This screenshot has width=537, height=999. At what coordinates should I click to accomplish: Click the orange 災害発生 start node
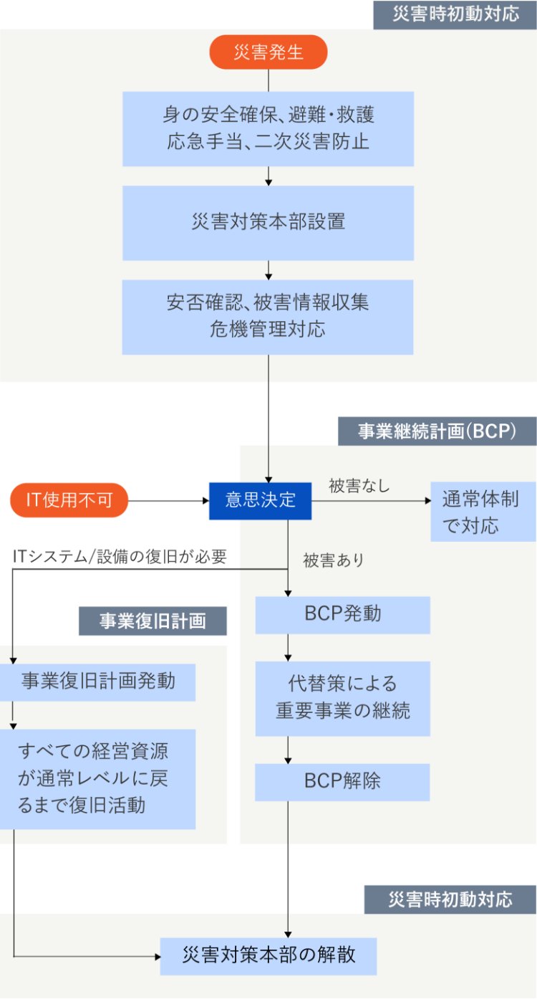pos(268,53)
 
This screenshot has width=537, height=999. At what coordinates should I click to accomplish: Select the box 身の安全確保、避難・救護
pos(268,129)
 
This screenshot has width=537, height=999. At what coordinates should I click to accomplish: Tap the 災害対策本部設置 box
pos(268,223)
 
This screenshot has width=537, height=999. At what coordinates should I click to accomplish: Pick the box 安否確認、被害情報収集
pos(268,317)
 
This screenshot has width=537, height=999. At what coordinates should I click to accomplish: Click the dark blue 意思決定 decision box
pos(260,500)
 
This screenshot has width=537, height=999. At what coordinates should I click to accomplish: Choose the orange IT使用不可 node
pos(69,500)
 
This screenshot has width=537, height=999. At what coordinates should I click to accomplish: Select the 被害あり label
pos(333,560)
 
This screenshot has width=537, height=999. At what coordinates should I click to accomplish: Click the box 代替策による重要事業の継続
pos(342,698)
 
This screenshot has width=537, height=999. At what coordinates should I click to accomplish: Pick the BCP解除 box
pos(342,782)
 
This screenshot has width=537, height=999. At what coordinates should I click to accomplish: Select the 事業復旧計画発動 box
pos(97,682)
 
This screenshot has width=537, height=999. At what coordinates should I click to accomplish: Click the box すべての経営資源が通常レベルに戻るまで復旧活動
pos(97,779)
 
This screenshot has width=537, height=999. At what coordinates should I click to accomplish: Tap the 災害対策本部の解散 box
pos(268,956)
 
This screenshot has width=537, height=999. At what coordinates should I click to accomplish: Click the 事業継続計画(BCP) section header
pos(437,431)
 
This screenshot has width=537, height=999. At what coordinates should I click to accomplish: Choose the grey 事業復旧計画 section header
pos(153,621)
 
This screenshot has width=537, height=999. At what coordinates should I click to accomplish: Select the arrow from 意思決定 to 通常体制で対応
pos(369,500)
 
